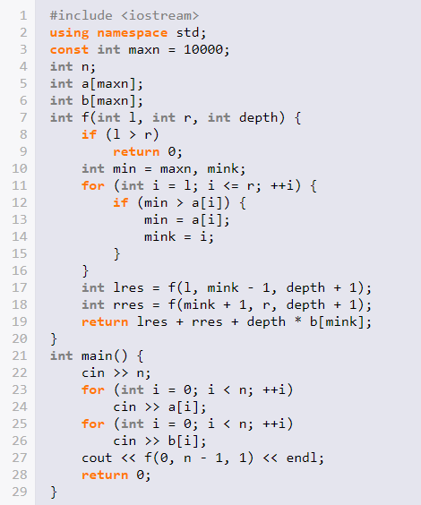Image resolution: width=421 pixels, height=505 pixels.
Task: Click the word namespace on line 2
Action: pyautogui.click(x=132, y=33)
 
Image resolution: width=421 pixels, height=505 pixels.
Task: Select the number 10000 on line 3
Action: pyautogui.click(x=203, y=49)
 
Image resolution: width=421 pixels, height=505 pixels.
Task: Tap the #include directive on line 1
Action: pyautogui.click(x=82, y=15)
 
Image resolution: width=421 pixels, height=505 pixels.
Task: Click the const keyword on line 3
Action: pyautogui.click(x=69, y=49)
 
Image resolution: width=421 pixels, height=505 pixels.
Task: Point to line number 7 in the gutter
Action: pyautogui.click(x=23, y=117)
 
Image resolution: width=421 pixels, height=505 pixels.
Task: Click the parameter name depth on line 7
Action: pyautogui.click(x=258, y=117)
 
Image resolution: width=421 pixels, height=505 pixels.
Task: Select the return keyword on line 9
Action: pyautogui.click(x=136, y=151)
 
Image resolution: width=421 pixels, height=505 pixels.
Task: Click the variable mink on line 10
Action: pyautogui.click(x=223, y=168)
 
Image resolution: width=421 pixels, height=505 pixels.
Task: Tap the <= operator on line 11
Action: pyautogui.click(x=231, y=186)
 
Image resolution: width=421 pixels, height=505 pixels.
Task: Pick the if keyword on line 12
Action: pyautogui.click(x=121, y=202)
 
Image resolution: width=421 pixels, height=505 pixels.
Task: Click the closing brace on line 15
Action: pyautogui.click(x=116, y=253)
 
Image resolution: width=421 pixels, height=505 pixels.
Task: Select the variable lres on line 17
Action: pyautogui.click(x=128, y=287)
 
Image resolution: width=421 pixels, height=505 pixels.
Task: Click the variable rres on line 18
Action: pyautogui.click(x=128, y=304)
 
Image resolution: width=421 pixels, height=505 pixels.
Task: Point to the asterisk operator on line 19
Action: pyautogui.click(x=298, y=321)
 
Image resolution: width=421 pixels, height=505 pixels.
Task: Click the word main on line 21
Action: pyautogui.click(x=97, y=355)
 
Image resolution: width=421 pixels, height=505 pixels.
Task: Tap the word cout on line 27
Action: pyautogui.click(x=97, y=458)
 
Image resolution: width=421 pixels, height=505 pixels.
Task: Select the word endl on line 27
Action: pyautogui.click(x=302, y=458)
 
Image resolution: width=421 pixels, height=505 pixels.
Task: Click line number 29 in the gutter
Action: pyautogui.click(x=20, y=492)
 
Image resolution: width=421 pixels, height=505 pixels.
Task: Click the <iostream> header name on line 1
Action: pyautogui.click(x=160, y=15)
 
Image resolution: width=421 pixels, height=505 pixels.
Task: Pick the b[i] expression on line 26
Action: pyautogui.click(x=184, y=441)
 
